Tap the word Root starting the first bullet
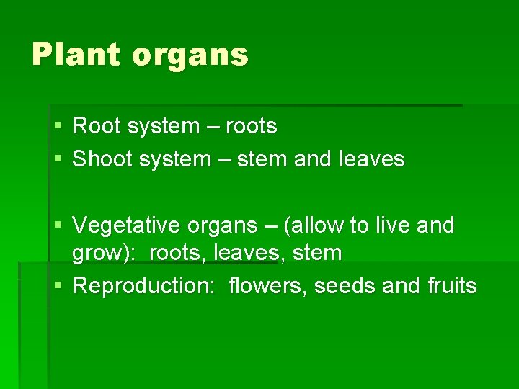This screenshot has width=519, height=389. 97,126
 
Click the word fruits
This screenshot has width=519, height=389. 451,286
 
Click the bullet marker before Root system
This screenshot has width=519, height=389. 58,127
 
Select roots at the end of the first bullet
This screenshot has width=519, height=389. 251,127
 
